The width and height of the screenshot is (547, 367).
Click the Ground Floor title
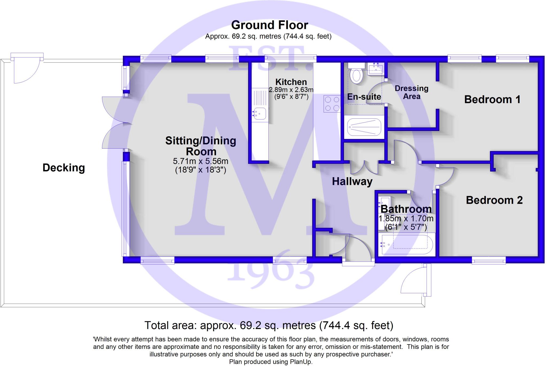click(269, 25)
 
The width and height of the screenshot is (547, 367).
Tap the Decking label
click(64, 168)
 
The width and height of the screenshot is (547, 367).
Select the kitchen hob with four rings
click(332, 104)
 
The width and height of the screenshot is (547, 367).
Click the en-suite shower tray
click(364, 127)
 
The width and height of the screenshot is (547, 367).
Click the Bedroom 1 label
click(492, 99)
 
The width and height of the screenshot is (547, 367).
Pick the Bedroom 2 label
click(494, 200)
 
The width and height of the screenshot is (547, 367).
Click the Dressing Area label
click(411, 92)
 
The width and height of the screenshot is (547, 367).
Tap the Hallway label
click(352, 181)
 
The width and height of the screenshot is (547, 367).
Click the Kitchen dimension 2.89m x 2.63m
click(291, 90)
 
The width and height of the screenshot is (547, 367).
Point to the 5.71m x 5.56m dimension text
click(200, 161)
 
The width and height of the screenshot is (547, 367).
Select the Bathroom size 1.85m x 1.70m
click(406, 219)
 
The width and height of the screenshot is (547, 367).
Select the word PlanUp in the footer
click(301, 362)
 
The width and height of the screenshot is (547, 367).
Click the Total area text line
click(269, 326)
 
